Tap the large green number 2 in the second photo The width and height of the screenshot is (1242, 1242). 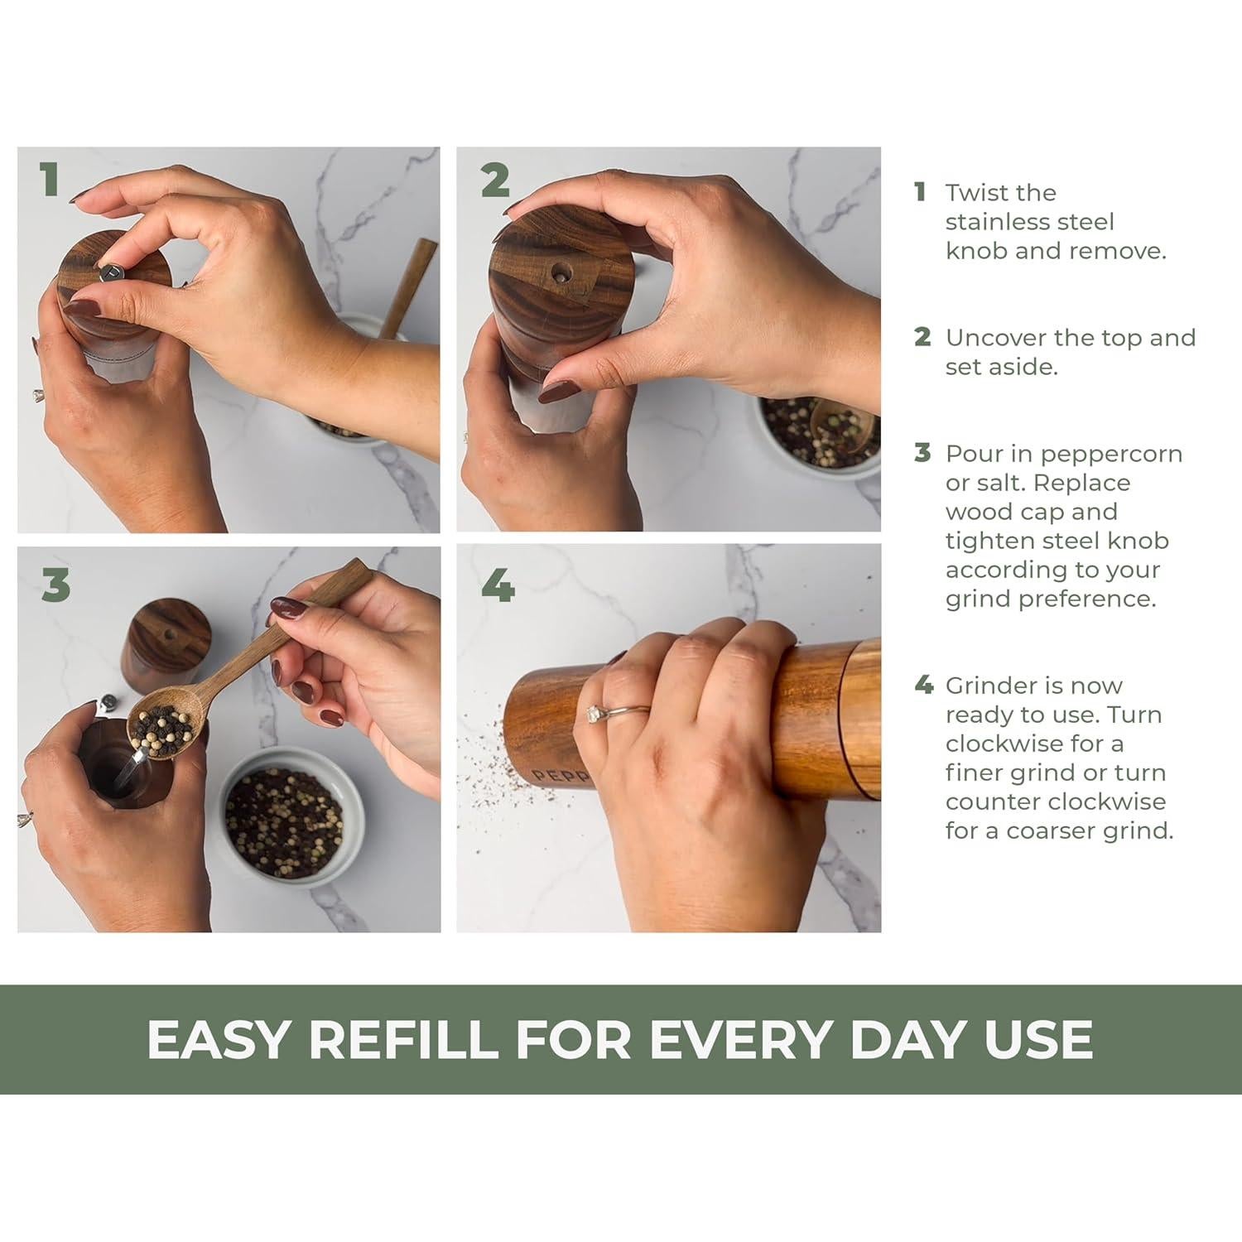(x=495, y=180)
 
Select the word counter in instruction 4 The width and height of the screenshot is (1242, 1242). (x=994, y=802)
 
